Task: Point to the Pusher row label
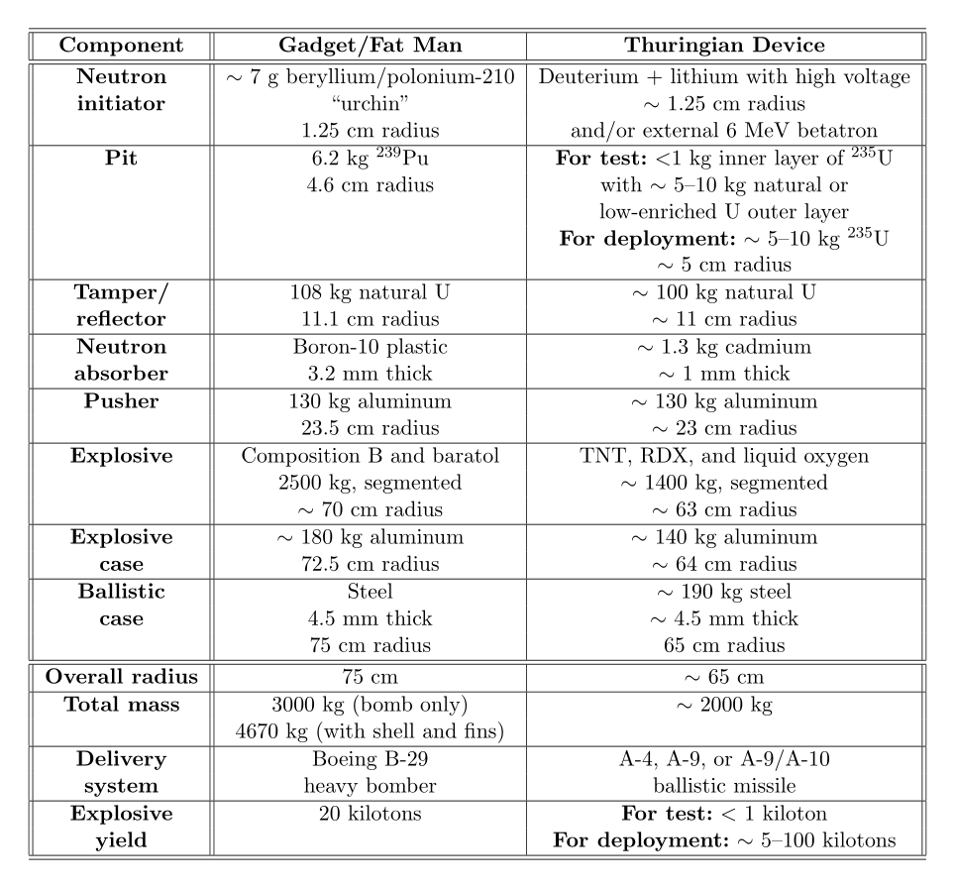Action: tap(120, 401)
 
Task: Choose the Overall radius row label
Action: tap(120, 679)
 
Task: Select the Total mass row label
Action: tap(120, 706)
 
